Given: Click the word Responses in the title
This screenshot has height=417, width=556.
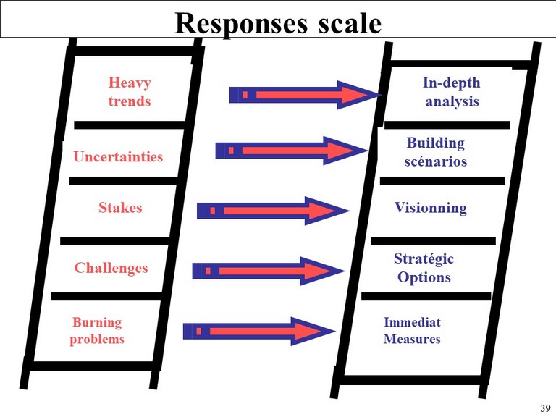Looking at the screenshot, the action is click(x=241, y=24).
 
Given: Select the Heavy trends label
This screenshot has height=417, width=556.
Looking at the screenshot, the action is click(x=130, y=92).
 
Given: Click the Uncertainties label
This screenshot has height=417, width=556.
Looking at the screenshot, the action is click(x=118, y=156).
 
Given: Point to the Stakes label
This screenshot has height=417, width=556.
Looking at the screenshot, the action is click(x=120, y=208).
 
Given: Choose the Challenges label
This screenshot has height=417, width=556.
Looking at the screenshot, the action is click(x=111, y=268).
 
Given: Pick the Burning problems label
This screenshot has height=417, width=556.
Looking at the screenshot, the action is click(x=97, y=330).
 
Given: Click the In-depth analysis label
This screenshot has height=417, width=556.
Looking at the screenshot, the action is click(x=452, y=92).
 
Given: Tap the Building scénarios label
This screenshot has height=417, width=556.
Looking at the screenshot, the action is click(x=435, y=152).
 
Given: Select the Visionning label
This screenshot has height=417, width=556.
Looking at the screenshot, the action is click(x=431, y=208).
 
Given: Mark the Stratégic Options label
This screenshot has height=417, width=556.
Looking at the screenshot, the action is click(x=424, y=268).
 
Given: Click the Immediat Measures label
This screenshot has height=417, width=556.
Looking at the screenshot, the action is click(x=412, y=330).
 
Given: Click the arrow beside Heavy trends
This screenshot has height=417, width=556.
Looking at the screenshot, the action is click(x=306, y=95).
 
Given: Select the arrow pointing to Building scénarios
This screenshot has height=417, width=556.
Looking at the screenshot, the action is click(x=292, y=151).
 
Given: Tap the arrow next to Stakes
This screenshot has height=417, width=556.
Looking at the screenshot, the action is click(x=273, y=211).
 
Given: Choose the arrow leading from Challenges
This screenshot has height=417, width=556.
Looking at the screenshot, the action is click(x=269, y=271).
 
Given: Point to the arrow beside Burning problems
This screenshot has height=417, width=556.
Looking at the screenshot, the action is click(x=259, y=332).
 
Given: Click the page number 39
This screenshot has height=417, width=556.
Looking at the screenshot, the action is click(x=545, y=408).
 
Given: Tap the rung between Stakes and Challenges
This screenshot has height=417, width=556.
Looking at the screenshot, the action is click(x=114, y=241).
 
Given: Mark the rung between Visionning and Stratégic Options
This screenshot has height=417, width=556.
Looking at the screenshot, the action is click(x=433, y=241).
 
